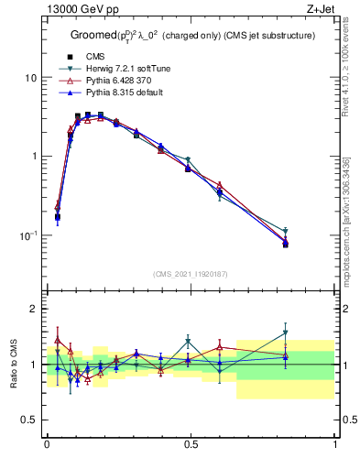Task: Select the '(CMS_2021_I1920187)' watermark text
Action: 191,275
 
